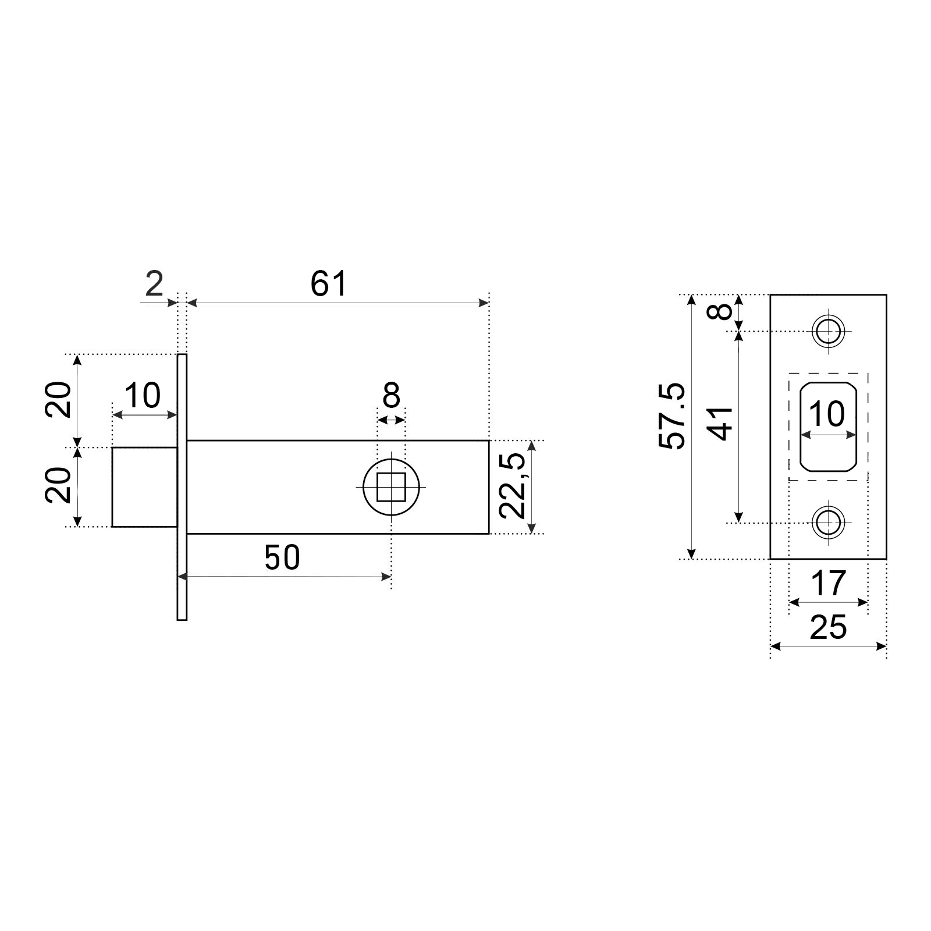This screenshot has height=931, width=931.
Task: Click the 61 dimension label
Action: (x=328, y=285)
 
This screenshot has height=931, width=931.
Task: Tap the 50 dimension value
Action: (x=282, y=557)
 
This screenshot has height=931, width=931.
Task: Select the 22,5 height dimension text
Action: (x=513, y=486)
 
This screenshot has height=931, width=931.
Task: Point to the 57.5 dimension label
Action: (x=673, y=416)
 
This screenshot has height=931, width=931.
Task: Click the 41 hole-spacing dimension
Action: (x=722, y=424)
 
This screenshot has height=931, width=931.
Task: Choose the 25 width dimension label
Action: (x=828, y=628)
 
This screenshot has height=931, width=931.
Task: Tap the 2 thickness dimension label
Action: (x=154, y=285)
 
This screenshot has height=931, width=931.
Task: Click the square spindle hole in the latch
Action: (x=392, y=487)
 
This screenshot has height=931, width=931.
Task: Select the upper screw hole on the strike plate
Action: (x=828, y=332)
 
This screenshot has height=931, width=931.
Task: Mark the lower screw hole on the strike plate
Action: (x=828, y=523)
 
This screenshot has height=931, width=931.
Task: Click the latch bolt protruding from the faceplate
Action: (x=144, y=487)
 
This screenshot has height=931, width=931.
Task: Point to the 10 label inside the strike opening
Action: (x=827, y=414)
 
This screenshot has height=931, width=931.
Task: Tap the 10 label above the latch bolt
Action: (x=143, y=396)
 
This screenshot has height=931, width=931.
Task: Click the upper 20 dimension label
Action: (x=59, y=400)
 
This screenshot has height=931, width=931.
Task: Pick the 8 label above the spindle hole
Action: (x=392, y=396)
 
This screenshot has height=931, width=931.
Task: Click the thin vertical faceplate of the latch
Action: (x=182, y=487)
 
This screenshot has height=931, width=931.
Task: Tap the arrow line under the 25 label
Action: (x=829, y=646)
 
